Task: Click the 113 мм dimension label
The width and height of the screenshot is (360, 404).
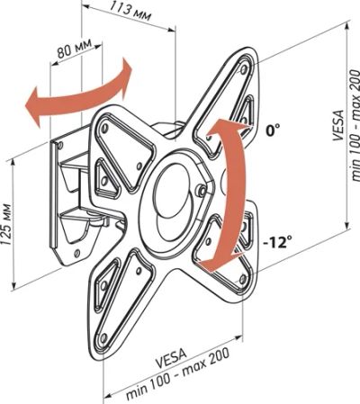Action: [x=130, y=10]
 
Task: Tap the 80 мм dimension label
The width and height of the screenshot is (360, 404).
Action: [x=75, y=49]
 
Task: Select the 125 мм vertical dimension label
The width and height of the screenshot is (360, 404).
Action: [x=6, y=225]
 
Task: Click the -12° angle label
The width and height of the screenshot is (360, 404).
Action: [x=277, y=242]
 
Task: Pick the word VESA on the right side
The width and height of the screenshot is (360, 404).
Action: [x=337, y=125]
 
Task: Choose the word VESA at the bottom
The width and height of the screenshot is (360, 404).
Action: [x=171, y=358]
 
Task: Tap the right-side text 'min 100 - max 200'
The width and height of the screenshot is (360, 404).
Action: [x=354, y=126]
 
